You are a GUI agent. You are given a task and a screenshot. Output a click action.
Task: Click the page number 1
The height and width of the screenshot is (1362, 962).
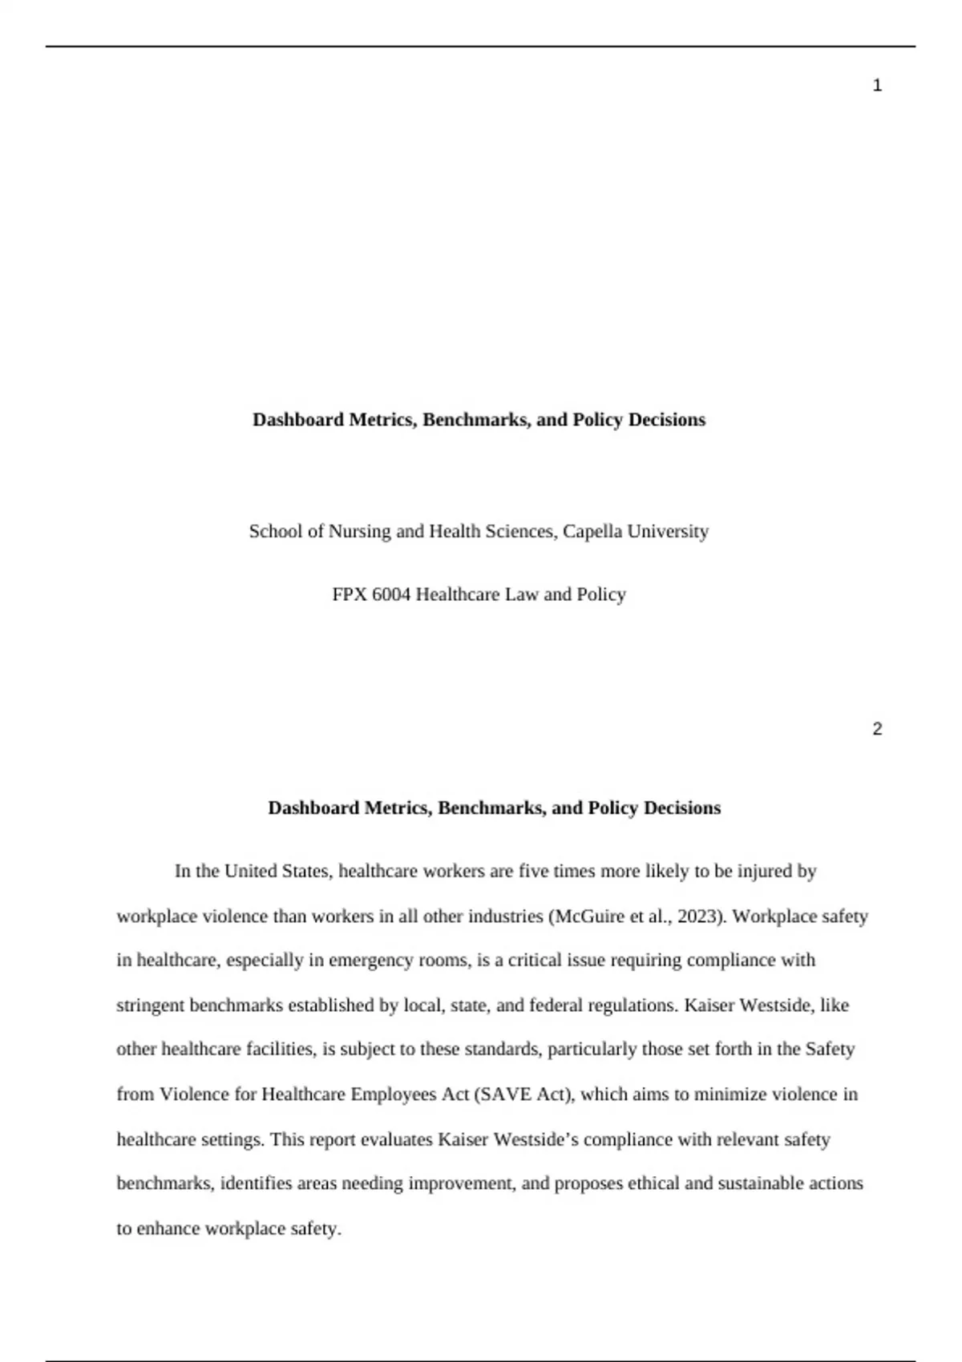coord(877,86)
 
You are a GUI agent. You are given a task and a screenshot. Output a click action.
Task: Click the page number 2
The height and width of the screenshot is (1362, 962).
coord(877,729)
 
